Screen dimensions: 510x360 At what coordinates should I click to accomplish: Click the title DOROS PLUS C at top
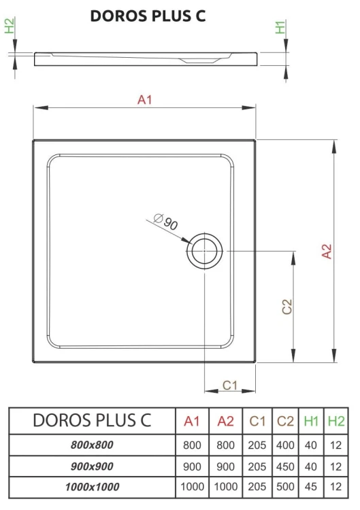(148, 16)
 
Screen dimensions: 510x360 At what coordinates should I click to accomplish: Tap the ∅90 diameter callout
(165, 222)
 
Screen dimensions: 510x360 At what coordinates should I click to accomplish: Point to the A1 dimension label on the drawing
(144, 100)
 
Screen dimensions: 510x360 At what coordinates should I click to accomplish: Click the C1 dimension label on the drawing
(230, 385)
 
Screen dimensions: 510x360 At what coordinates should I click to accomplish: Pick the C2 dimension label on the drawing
(287, 307)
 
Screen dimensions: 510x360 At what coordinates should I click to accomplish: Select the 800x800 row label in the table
(92, 445)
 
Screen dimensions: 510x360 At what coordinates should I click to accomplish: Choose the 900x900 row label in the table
(92, 466)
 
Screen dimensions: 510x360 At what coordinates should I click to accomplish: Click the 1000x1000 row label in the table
(92, 487)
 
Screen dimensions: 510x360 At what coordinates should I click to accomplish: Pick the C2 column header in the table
(286, 422)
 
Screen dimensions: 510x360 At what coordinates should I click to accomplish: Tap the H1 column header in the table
(311, 422)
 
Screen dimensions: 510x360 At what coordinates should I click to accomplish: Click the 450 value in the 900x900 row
(286, 466)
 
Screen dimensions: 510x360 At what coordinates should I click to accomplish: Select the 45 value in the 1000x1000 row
(311, 487)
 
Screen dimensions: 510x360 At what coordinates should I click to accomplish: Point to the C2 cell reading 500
(286, 487)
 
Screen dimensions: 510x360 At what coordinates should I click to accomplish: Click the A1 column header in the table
(192, 422)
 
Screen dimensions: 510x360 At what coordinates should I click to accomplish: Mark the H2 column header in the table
(336, 422)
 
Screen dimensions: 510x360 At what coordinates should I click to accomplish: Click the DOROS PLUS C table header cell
(92, 421)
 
